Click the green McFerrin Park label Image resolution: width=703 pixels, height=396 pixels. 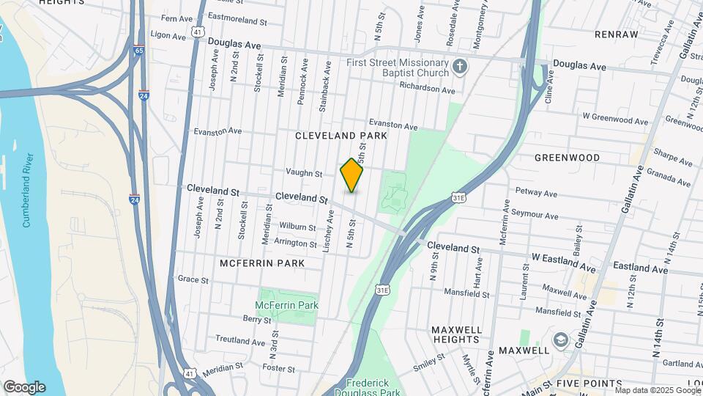[286, 305]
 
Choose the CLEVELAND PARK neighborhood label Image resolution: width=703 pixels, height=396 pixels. [341, 136]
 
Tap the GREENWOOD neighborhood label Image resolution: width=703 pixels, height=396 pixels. [567, 158]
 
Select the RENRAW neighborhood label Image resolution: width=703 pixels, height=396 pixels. [617, 34]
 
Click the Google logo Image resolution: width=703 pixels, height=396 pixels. [24, 387]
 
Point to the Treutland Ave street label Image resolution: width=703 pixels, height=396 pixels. [239, 340]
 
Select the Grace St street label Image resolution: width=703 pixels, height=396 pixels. [193, 279]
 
